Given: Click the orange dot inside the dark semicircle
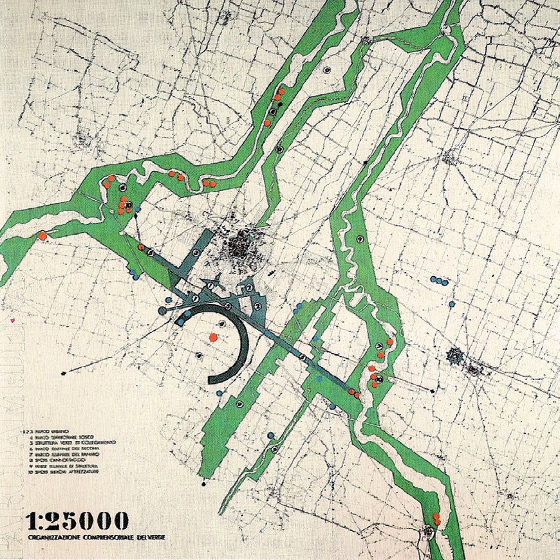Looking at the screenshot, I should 212,336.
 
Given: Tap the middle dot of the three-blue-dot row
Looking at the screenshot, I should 438,280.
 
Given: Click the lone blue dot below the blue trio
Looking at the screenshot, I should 452,304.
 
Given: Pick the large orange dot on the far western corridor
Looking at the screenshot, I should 42,236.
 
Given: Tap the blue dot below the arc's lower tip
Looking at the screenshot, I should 219,392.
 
